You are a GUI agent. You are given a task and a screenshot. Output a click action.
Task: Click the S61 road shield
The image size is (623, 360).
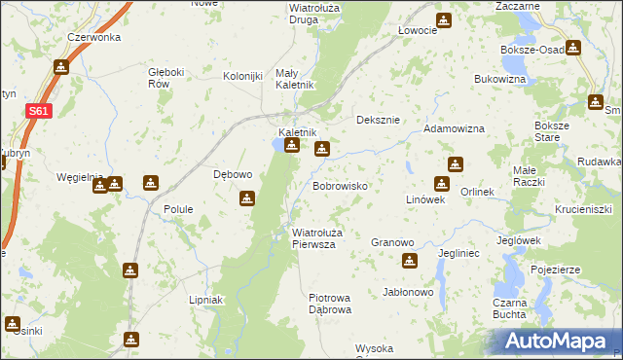pyautogui.click(x=36, y=112)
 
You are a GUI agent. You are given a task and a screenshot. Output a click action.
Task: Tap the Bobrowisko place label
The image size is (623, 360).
pyautogui.click(x=339, y=185)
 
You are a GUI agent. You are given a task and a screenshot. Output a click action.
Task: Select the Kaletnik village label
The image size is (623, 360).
pyautogui.click(x=298, y=132)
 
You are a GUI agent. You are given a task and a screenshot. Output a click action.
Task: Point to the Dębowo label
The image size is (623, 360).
pyautogui.click(x=233, y=175)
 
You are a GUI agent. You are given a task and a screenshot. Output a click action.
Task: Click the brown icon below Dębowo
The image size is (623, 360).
pyautogui.click(x=247, y=198)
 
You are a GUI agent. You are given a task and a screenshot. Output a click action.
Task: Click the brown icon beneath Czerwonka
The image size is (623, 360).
pyautogui.click(x=62, y=66)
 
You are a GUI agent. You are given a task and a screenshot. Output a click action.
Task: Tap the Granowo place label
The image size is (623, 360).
pyautogui.click(x=393, y=241)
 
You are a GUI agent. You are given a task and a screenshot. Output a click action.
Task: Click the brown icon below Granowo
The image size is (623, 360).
pyautogui.click(x=409, y=260)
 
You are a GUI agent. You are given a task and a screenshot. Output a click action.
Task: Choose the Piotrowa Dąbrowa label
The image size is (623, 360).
pyautogui.click(x=329, y=303)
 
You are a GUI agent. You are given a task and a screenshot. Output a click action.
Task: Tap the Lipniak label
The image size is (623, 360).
pyautogui.click(x=206, y=300)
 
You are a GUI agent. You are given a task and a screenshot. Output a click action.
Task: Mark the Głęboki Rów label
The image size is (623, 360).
pyautogui.click(x=165, y=78)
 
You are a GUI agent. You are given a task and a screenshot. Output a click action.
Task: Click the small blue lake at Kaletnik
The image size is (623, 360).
pyautogui.click(x=279, y=146)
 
